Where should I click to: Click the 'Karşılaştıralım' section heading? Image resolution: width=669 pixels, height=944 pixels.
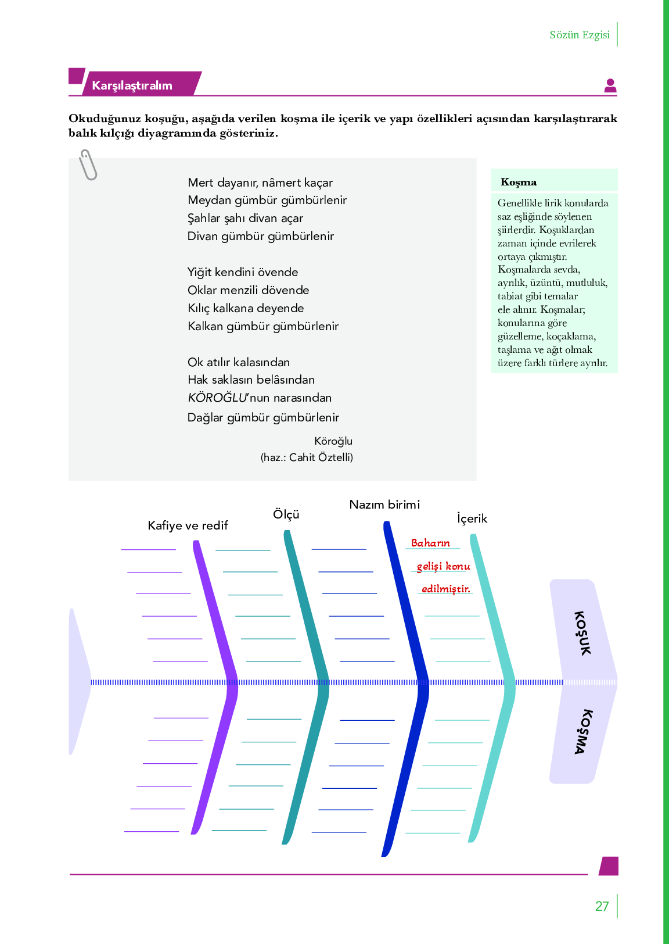click(132, 85)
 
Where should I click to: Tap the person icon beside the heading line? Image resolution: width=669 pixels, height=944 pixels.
click(610, 85)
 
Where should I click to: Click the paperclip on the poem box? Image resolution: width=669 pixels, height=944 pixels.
click(88, 165)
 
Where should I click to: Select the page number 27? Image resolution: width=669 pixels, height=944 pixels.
click(602, 906)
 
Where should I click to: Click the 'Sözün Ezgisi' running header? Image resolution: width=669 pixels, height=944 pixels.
click(580, 34)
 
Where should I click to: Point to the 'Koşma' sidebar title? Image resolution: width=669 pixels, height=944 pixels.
click(518, 182)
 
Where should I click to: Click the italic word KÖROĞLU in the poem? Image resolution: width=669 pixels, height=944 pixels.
click(217, 398)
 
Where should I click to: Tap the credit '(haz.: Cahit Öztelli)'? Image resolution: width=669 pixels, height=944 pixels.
click(307, 457)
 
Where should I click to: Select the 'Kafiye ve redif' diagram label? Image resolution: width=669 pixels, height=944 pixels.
click(188, 525)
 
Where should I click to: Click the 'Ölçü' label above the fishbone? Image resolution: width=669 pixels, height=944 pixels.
click(286, 514)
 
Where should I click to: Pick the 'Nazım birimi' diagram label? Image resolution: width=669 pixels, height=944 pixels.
click(384, 505)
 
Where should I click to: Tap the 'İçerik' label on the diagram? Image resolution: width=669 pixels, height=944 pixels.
click(472, 519)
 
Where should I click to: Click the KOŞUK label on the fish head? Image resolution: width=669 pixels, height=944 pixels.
click(582, 633)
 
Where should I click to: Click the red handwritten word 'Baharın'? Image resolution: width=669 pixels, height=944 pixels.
click(430, 543)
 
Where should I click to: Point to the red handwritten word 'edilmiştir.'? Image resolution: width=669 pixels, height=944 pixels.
click(446, 589)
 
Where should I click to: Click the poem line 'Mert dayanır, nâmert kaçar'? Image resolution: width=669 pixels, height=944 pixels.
click(260, 183)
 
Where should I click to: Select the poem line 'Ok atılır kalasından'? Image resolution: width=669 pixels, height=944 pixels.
click(239, 362)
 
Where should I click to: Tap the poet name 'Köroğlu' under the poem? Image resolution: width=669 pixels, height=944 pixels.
click(333, 441)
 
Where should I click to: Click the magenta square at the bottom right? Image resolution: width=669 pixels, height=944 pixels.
click(609, 866)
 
